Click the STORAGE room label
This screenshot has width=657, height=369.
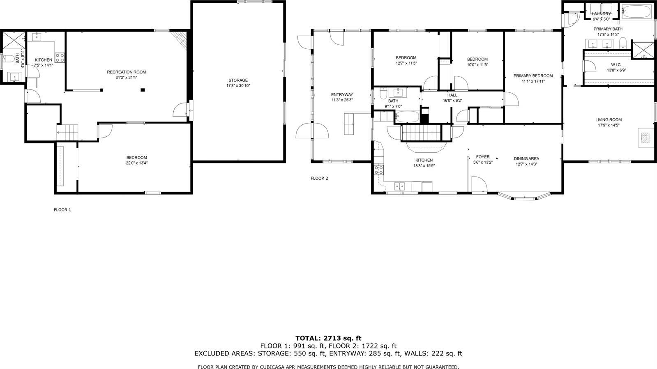coord(238,80)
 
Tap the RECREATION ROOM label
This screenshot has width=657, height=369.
coord(126,72)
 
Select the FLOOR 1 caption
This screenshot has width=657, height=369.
coord(62,210)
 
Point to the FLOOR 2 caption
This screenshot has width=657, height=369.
coord(319,179)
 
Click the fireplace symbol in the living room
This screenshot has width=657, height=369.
coord(644,138)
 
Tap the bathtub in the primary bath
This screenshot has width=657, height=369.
coord(636,12)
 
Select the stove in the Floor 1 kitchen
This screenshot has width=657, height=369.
coord(60,57)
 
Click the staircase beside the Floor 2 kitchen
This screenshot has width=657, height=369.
coord(421,133)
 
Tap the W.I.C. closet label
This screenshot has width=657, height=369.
coord(616,65)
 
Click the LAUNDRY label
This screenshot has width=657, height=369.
coord(601,14)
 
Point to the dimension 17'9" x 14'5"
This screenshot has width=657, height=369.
coord(608,125)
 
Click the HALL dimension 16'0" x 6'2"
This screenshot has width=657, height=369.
coord(452,101)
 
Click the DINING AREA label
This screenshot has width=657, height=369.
coord(526,159)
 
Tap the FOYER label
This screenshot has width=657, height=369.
coord(483,157)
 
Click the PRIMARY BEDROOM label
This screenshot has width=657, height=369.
coord(533,76)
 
